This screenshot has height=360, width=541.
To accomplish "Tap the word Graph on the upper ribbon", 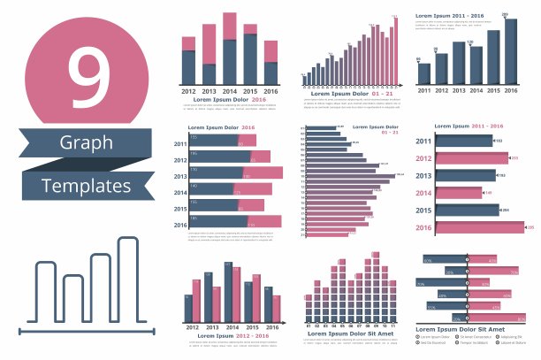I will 87,142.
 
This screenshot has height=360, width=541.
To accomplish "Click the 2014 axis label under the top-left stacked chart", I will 229,91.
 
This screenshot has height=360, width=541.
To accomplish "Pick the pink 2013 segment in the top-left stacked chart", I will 209,44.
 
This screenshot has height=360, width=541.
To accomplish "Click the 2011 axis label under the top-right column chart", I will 424,91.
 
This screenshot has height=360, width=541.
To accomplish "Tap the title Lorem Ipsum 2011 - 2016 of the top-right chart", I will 450,16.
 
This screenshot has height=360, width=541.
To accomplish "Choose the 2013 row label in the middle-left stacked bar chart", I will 180,176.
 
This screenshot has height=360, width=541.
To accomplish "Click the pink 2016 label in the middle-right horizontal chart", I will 423,227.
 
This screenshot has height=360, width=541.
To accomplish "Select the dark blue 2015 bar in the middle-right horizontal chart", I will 468,210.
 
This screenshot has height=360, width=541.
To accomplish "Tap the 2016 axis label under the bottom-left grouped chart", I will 271,328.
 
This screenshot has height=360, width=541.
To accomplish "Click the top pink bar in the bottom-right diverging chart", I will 491,260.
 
